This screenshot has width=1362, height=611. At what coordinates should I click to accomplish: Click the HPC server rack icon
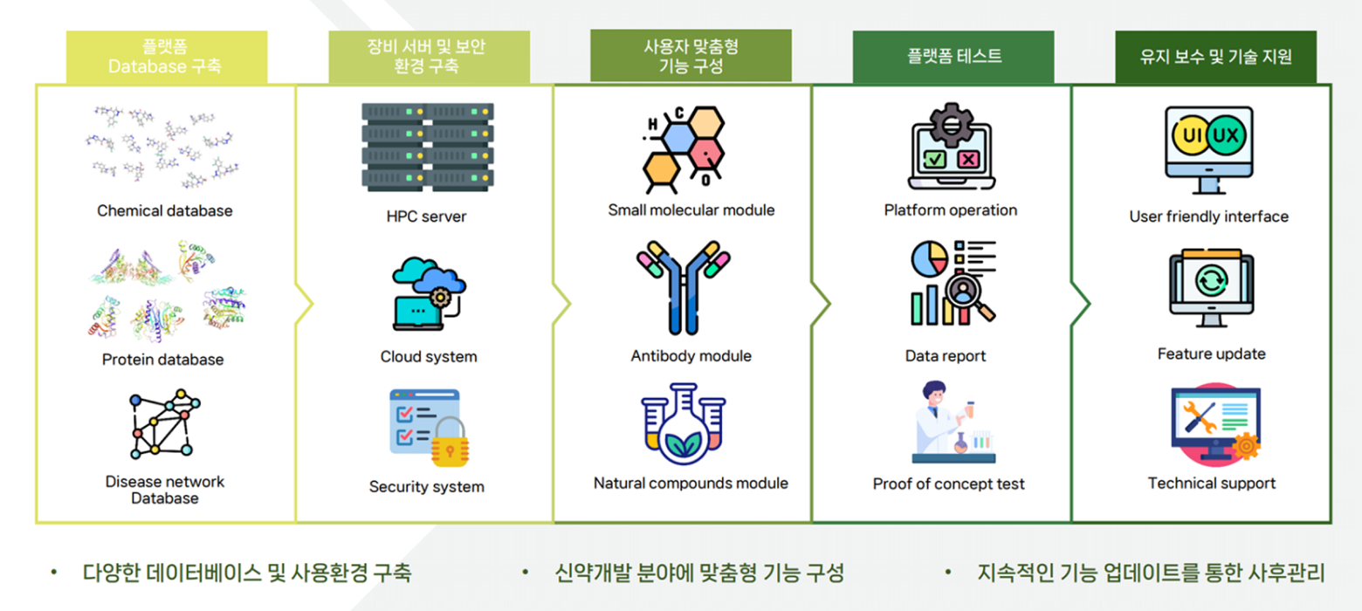(428, 148)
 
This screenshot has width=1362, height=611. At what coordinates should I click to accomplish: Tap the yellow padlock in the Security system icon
(450, 443)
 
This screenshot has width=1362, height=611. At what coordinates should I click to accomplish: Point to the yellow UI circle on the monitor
(1191, 135)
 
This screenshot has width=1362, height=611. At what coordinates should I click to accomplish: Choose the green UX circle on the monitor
(1227, 135)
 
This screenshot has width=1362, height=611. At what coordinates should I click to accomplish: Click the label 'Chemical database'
(165, 211)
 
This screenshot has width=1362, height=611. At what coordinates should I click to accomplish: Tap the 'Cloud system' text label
(429, 357)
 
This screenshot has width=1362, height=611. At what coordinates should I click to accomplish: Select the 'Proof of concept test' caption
(948, 484)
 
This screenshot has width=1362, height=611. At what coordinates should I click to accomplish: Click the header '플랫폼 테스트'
(954, 57)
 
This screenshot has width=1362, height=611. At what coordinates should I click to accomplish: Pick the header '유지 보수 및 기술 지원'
(1216, 57)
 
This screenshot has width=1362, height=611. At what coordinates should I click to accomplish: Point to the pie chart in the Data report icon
(929, 258)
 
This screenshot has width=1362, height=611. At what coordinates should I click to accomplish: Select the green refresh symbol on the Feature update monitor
(1211, 281)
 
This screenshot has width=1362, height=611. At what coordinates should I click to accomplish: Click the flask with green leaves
(684, 427)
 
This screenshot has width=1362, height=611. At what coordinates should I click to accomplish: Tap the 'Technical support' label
(1211, 484)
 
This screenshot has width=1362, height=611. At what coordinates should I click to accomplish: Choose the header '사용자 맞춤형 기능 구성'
(691, 56)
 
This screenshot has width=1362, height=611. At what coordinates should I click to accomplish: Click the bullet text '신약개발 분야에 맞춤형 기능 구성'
(699, 573)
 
